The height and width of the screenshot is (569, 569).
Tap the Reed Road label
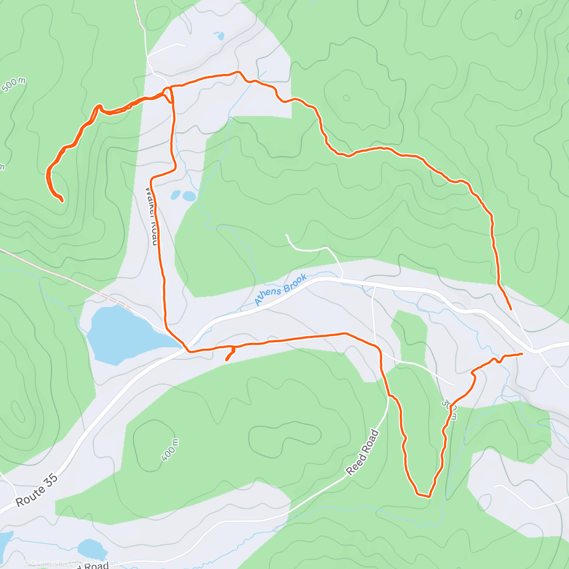[x=363, y=452]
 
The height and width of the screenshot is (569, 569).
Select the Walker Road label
[x=151, y=216]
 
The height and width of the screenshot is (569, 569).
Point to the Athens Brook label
[x=280, y=290]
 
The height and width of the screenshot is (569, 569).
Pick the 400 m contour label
[x=170, y=450]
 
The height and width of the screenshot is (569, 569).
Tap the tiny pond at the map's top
[x=219, y=36]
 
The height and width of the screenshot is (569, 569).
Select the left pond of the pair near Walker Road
[x=175, y=195]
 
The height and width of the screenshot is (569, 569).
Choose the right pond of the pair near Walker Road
[x=189, y=196]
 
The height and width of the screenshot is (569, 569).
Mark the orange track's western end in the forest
[x=62, y=201]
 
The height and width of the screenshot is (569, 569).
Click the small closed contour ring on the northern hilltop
[x=346, y=98]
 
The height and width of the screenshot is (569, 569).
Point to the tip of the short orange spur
[x=226, y=360]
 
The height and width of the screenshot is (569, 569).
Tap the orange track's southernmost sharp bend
[x=429, y=496]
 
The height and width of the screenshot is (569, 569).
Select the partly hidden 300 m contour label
[x=450, y=409]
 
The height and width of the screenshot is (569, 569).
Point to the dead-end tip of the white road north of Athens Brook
[x=286, y=235]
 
